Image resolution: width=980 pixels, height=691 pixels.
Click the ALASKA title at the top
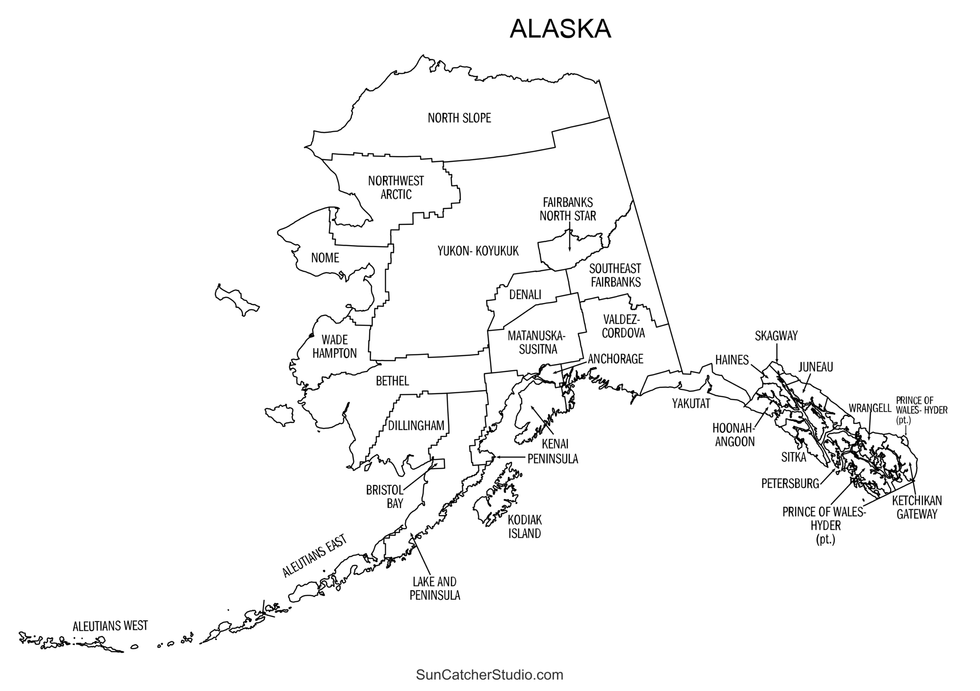560,29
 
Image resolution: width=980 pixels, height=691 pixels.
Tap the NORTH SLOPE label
459,118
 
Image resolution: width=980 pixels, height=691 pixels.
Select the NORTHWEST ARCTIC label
396,187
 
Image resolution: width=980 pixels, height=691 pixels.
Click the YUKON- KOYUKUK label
478,251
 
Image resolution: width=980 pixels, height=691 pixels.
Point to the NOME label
325,258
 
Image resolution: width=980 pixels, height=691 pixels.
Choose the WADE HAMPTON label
334,347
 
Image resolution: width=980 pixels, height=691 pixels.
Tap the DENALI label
525,295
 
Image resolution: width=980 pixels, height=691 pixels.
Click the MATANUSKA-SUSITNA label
537,342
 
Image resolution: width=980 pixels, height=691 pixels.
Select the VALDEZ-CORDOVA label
623,326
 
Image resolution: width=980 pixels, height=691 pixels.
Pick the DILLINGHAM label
416,426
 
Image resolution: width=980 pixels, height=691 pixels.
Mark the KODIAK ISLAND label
524,527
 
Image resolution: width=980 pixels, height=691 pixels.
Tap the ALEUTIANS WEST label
110,626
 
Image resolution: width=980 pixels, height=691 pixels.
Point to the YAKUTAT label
691,404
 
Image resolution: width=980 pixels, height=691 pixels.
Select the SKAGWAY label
776,336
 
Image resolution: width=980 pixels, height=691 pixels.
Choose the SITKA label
794,457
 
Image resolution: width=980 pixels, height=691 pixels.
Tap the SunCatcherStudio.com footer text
490,675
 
